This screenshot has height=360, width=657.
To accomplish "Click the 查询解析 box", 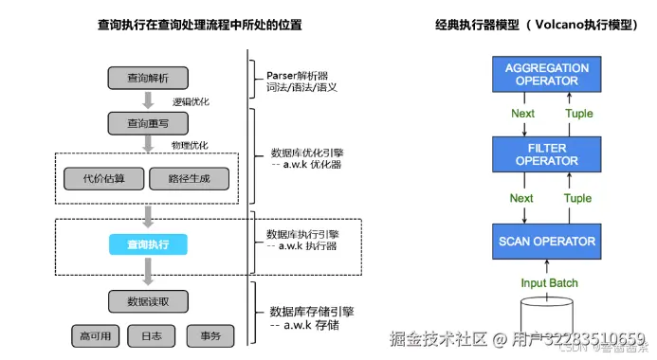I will pos(147,77).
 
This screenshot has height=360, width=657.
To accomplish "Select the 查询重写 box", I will pos(147,122).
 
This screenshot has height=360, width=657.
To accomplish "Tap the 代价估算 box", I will pos(103,177).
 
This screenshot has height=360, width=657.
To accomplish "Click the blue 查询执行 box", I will pos(147,244).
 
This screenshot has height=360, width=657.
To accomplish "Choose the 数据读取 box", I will pos(147,301).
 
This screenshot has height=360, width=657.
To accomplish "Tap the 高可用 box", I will pos(96,335).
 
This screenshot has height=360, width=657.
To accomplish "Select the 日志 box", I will pos(152,335).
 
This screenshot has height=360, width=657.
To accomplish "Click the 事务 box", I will pos(209,335).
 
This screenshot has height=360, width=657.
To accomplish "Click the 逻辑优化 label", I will pos(190,100).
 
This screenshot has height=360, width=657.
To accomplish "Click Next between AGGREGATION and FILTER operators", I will pos(521,114).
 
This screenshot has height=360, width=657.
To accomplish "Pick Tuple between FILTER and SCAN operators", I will pos(578,199).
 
